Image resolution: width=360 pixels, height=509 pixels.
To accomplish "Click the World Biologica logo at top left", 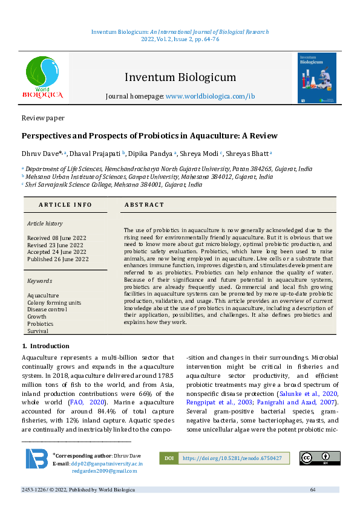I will [x=43, y=78].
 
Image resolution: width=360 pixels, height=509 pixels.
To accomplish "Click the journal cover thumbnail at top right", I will [x=316, y=78].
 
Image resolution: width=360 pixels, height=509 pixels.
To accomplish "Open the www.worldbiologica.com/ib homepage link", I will [x=210, y=96].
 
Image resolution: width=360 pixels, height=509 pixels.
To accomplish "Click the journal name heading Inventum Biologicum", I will [x=180, y=77].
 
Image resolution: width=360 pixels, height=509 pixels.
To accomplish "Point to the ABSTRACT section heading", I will [x=144, y=205].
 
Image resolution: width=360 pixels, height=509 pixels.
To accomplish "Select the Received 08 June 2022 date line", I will [x=56, y=238].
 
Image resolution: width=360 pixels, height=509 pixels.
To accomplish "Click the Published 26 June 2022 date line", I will [x=57, y=259].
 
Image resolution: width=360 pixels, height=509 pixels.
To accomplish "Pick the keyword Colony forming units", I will [x=54, y=303].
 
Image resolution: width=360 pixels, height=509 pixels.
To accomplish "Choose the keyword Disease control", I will [x=47, y=310].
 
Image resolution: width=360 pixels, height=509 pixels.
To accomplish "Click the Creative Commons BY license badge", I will [x=319, y=458].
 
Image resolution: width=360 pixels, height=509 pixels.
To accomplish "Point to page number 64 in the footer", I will [x=313, y=489].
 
